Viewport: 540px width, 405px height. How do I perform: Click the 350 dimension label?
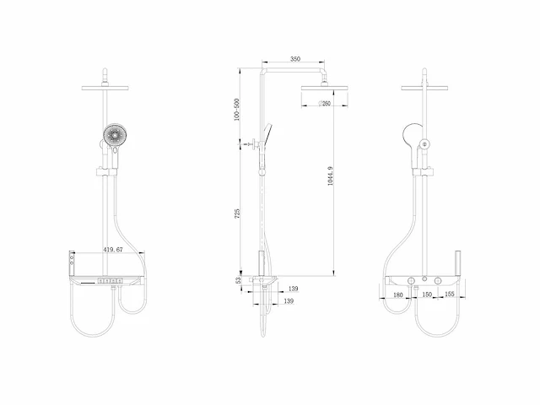295,59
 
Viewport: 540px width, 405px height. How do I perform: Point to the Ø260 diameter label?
324,103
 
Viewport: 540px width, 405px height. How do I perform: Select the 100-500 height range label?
236,110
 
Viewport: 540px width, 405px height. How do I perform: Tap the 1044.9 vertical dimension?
330,175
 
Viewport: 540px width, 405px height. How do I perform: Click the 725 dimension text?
237,213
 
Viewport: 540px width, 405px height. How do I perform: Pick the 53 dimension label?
238,281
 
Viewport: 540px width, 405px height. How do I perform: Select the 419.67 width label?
113,250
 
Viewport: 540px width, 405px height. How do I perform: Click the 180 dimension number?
397,294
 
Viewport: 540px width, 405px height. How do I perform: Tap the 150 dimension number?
427,294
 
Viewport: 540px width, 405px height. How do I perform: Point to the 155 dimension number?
450,294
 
